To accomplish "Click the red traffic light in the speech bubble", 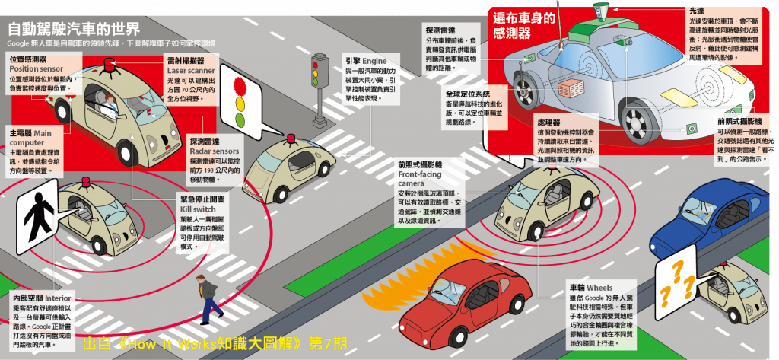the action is (x=241, y=82).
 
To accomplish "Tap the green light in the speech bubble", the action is (x=241, y=119).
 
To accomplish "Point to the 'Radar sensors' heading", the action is (x=192, y=151).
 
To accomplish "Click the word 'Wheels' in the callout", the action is (x=599, y=288).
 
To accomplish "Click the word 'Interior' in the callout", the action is (x=59, y=297).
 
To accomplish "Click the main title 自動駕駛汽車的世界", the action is (x=73, y=30).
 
